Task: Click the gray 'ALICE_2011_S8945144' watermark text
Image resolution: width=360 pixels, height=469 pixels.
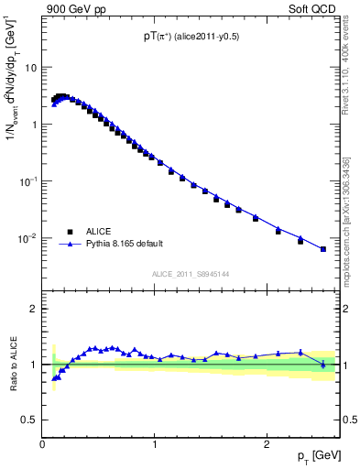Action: pyautogui.click(x=190, y=273)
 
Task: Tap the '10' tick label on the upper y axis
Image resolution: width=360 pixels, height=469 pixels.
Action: pyautogui.click(x=30, y=67)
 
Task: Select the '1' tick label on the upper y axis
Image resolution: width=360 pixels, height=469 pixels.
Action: pyautogui.click(x=34, y=124)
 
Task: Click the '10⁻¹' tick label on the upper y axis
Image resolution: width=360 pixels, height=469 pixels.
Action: pyautogui.click(x=28, y=180)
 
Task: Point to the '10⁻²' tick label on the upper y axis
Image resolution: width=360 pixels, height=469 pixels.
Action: pyautogui.click(x=28, y=237)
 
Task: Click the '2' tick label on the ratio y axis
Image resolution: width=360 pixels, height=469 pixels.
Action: pyautogui.click(x=34, y=309)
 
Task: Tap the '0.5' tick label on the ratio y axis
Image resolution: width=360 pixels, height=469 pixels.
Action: pyautogui.click(x=29, y=420)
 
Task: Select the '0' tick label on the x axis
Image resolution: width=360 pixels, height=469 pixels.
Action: pyautogui.click(x=43, y=444)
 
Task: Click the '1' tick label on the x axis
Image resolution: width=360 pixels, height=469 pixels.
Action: pyautogui.click(x=155, y=444)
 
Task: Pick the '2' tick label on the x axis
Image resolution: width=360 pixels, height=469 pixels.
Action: pyautogui.click(x=267, y=444)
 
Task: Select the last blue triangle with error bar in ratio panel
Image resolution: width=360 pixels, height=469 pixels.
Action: pyautogui.click(x=322, y=364)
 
